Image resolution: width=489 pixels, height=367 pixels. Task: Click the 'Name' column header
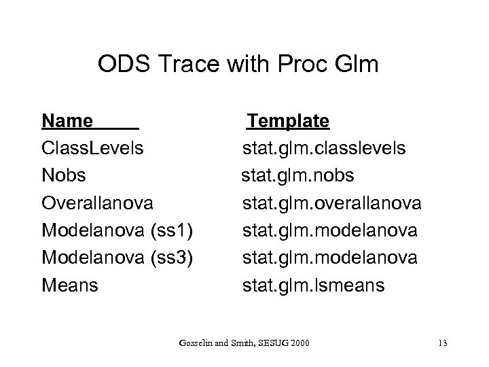(67, 121)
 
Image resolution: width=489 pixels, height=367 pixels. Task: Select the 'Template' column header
(289, 121)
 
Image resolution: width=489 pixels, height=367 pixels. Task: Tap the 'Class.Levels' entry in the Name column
(92, 148)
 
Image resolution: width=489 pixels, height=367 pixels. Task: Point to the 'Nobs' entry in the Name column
(64, 175)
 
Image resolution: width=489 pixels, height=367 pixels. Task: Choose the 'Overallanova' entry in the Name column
(98, 203)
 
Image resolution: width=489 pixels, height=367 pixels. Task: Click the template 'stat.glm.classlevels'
(325, 148)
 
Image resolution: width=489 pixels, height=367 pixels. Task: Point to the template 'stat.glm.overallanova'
(333, 203)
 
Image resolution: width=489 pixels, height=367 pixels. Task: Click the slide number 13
(443, 341)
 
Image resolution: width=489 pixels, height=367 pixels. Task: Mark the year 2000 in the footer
(300, 341)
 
